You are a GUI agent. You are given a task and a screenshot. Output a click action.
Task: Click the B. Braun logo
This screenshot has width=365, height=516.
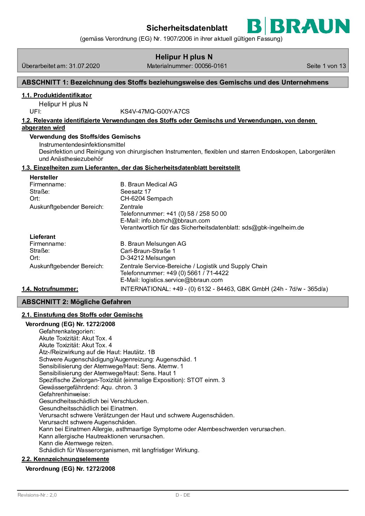298,26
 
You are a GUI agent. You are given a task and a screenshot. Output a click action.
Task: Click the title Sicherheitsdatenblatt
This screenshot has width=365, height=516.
187,28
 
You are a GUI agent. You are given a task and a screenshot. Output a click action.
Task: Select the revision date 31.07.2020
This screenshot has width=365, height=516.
84,66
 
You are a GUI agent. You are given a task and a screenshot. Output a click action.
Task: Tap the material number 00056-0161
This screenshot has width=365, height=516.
210,66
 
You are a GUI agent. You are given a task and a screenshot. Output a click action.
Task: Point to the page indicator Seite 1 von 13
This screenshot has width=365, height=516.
326,66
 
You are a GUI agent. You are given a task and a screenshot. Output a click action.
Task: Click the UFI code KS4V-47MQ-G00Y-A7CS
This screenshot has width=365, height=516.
155,111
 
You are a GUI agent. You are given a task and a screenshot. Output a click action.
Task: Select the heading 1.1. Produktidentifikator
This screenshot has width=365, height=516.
57,95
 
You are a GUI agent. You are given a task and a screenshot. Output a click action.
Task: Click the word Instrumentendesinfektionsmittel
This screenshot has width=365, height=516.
82,145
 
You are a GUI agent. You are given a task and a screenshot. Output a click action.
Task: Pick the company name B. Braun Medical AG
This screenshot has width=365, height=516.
149,184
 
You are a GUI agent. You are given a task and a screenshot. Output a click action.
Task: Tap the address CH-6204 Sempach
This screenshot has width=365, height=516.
146,198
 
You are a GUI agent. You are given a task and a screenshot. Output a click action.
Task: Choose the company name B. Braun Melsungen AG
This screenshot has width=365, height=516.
153,244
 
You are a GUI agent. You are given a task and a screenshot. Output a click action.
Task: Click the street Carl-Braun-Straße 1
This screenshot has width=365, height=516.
148,251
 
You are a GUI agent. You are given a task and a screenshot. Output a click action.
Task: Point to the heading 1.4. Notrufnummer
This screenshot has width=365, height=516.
50,289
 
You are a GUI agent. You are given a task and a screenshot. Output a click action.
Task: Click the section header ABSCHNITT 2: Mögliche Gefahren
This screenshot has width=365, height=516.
76,302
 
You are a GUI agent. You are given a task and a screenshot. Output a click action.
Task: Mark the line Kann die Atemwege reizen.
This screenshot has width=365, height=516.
76,443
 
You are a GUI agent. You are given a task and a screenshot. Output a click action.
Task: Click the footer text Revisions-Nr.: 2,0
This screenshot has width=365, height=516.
37,495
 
